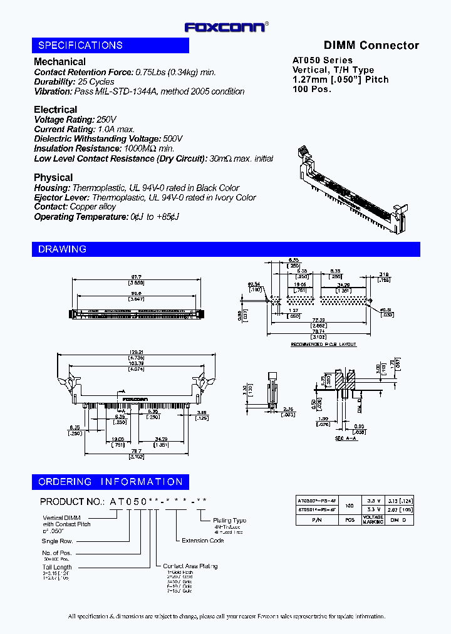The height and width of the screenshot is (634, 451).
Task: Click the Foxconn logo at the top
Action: click(x=225, y=26)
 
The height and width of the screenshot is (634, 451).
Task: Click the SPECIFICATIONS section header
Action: click(x=81, y=45)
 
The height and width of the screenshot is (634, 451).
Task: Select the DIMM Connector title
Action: click(x=371, y=45)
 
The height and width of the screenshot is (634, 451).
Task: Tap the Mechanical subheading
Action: click(x=60, y=61)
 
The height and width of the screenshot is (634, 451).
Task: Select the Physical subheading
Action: click(x=53, y=177)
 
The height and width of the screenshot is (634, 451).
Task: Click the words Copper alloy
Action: click(x=93, y=207)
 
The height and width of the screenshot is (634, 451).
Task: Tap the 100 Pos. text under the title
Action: click(x=312, y=89)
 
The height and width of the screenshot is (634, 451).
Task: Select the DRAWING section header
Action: click(x=63, y=249)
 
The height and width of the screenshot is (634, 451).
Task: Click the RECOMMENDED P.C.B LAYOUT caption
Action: click(x=323, y=345)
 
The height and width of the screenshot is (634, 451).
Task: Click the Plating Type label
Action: click(x=230, y=520)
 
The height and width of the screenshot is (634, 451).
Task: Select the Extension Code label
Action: click(x=202, y=540)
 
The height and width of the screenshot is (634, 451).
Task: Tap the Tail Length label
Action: click(x=58, y=566)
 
